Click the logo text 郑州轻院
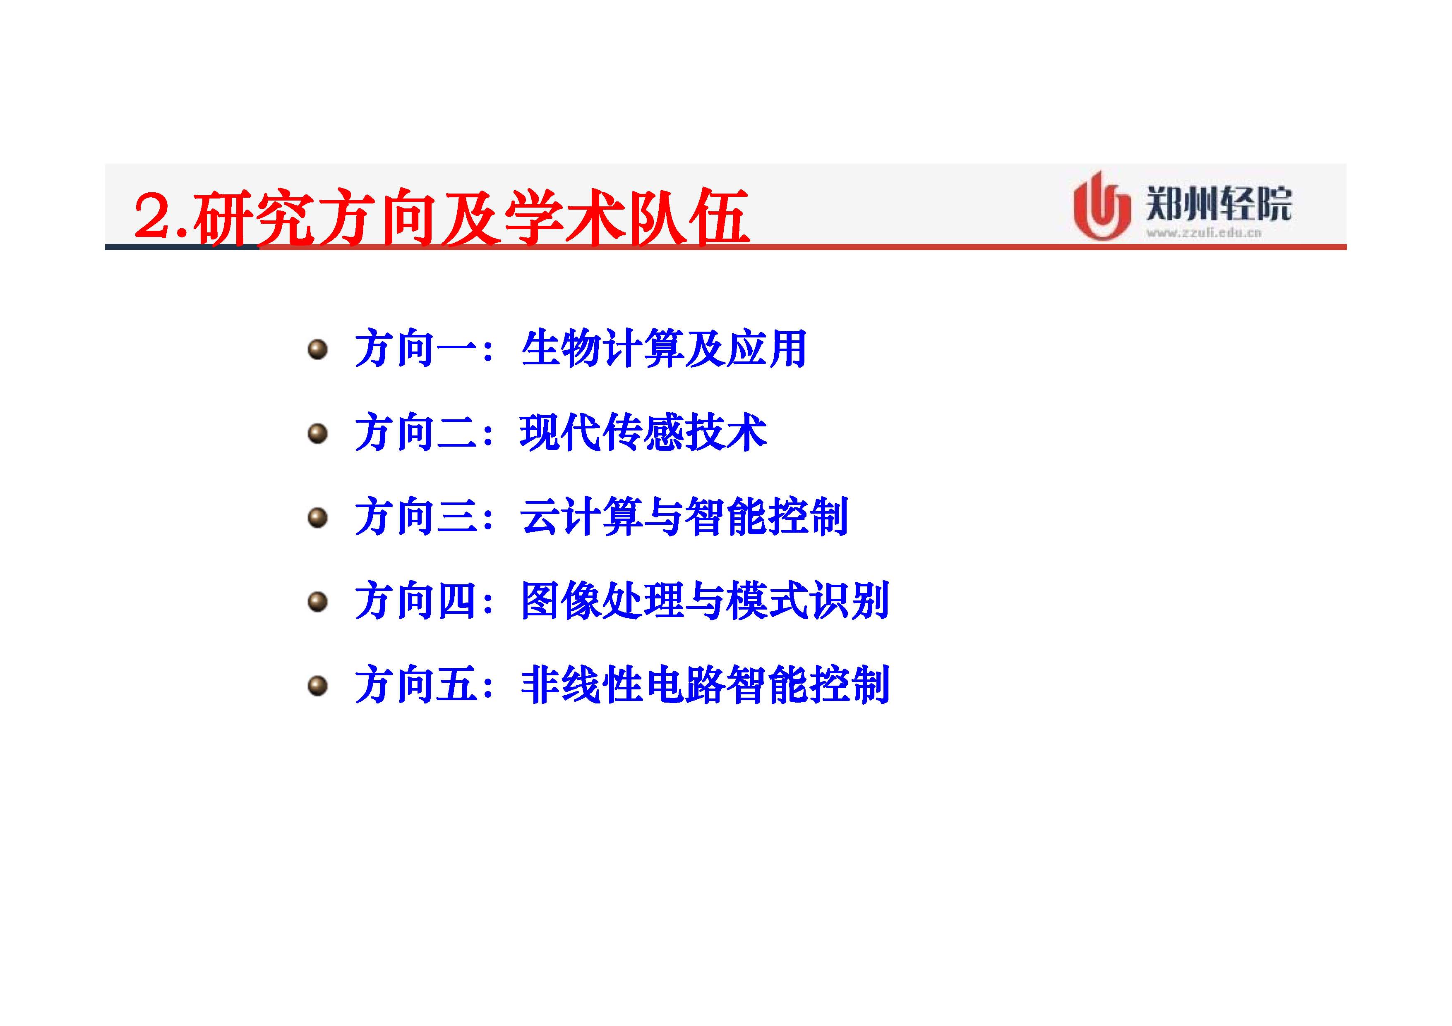(1219, 203)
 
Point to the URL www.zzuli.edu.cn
(1203, 233)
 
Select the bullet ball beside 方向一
(317, 349)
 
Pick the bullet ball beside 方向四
(317, 601)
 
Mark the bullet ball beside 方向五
(317, 685)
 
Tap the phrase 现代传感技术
(643, 433)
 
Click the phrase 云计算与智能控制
(684, 517)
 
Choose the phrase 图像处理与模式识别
(705, 600)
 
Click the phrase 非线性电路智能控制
(705, 685)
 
